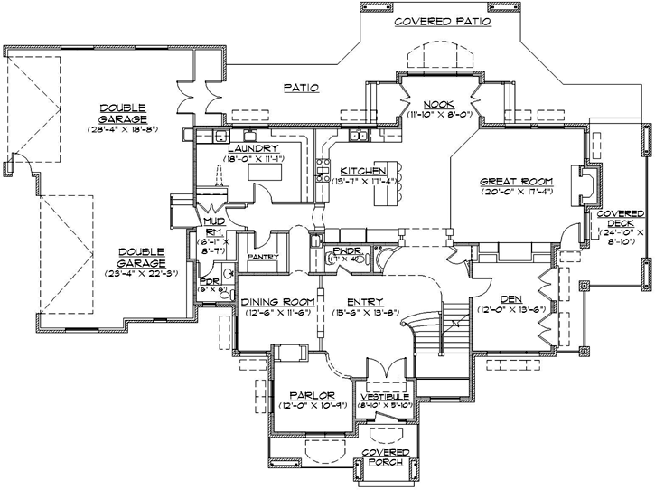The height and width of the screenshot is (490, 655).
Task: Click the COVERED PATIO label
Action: click(x=443, y=21)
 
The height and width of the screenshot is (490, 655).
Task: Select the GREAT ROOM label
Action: click(x=516, y=181)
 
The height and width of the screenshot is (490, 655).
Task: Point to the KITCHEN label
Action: click(x=364, y=170)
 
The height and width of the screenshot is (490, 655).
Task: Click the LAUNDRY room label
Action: click(x=252, y=148)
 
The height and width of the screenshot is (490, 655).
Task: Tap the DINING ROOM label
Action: click(x=278, y=301)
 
